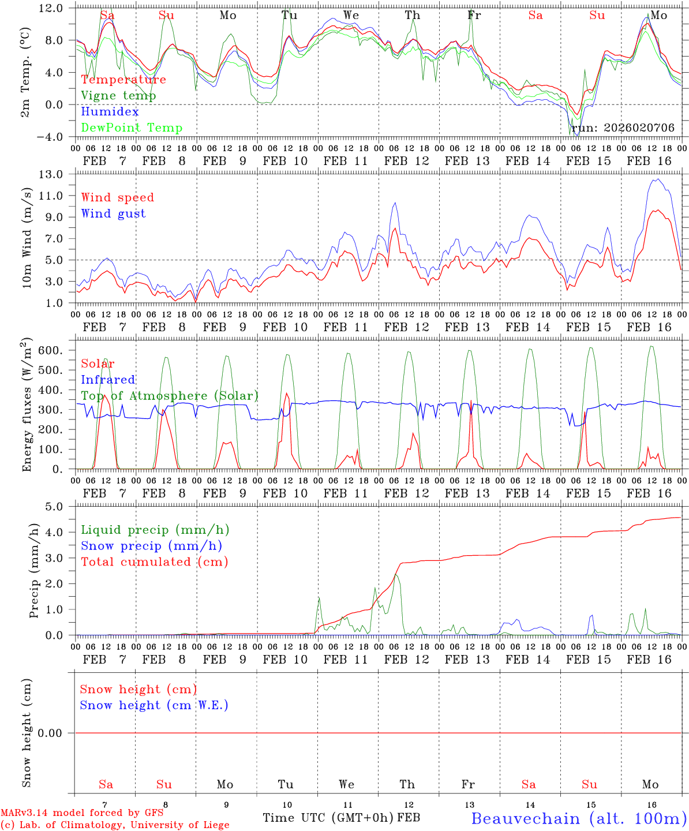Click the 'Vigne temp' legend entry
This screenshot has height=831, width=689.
(x=118, y=96)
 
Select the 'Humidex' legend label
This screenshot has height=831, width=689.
(x=110, y=112)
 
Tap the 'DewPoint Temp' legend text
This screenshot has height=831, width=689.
(x=132, y=128)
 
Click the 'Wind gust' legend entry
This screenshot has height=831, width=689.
(x=113, y=214)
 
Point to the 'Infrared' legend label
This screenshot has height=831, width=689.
(x=108, y=380)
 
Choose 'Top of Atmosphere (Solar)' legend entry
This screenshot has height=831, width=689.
(x=170, y=396)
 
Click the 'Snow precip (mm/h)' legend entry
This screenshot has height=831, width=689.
(x=151, y=546)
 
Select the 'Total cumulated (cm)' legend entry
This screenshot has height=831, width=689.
(x=155, y=562)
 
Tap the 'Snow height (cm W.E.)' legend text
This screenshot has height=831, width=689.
(x=154, y=705)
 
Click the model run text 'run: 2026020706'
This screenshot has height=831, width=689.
(x=623, y=128)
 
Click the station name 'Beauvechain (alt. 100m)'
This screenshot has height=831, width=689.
(x=579, y=818)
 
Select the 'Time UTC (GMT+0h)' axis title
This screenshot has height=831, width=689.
(x=328, y=818)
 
